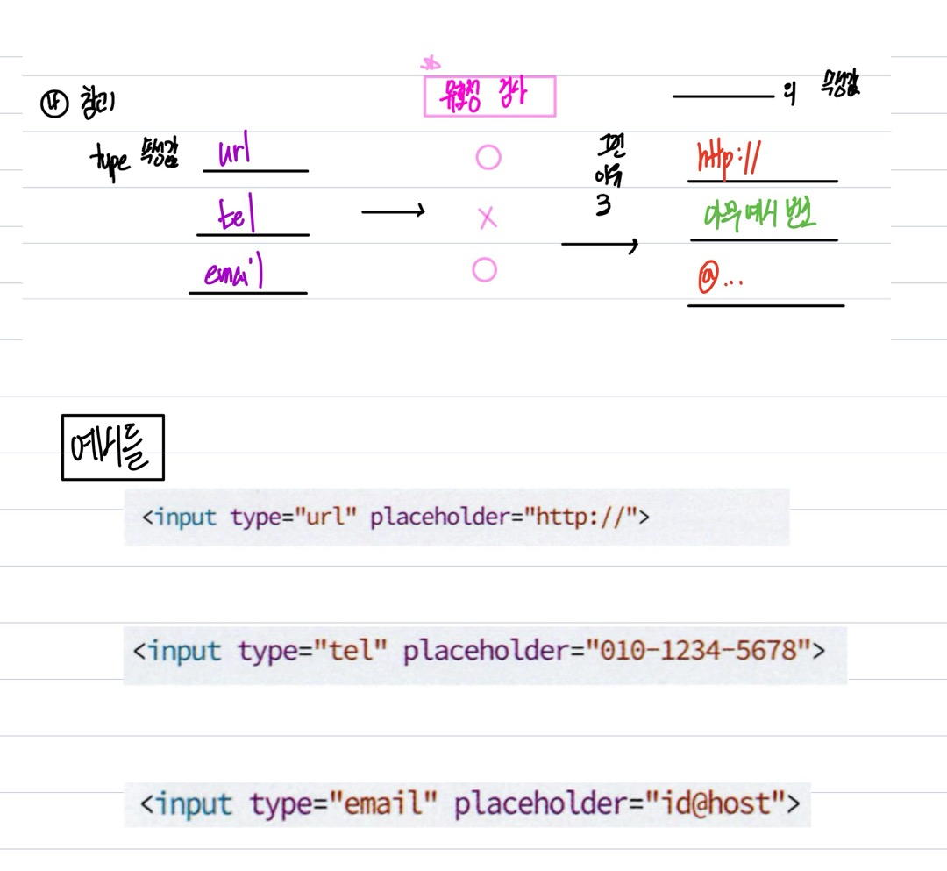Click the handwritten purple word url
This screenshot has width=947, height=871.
pyautogui.click(x=232, y=152)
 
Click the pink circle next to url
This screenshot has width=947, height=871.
pyautogui.click(x=488, y=158)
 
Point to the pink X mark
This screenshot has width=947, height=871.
pyautogui.click(x=488, y=218)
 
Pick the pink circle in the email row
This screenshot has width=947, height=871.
pyautogui.click(x=484, y=270)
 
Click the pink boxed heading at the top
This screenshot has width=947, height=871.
pyautogui.click(x=489, y=96)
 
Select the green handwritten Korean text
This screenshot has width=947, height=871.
pyautogui.click(x=759, y=215)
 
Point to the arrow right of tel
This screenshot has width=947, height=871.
pyautogui.click(x=393, y=211)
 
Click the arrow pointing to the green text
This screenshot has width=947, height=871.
pyautogui.click(x=599, y=246)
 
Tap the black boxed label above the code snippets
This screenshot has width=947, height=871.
pyautogui.click(x=112, y=447)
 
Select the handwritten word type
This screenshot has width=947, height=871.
pyautogui.click(x=109, y=161)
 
